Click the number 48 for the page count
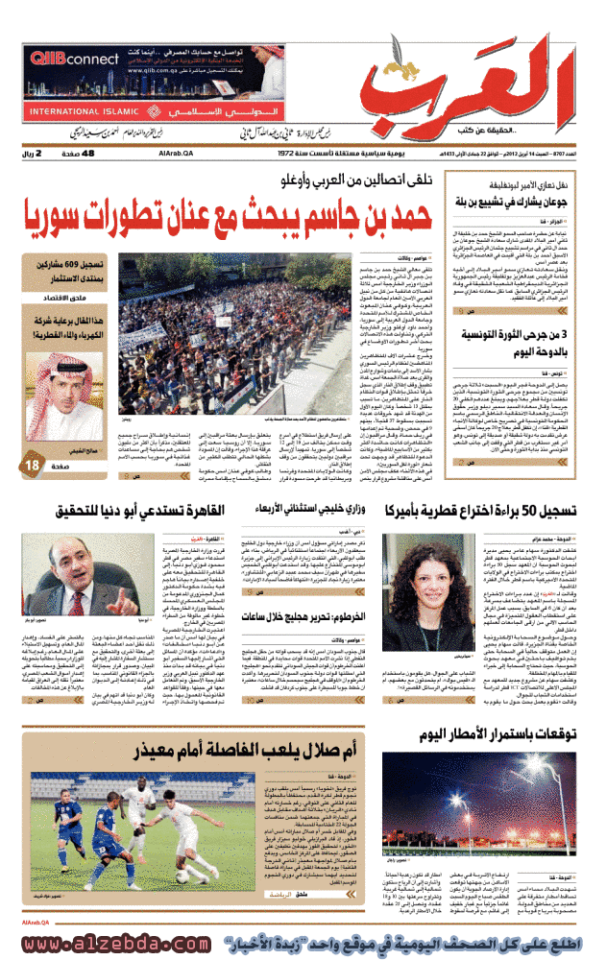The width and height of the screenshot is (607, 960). pos(88,154)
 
